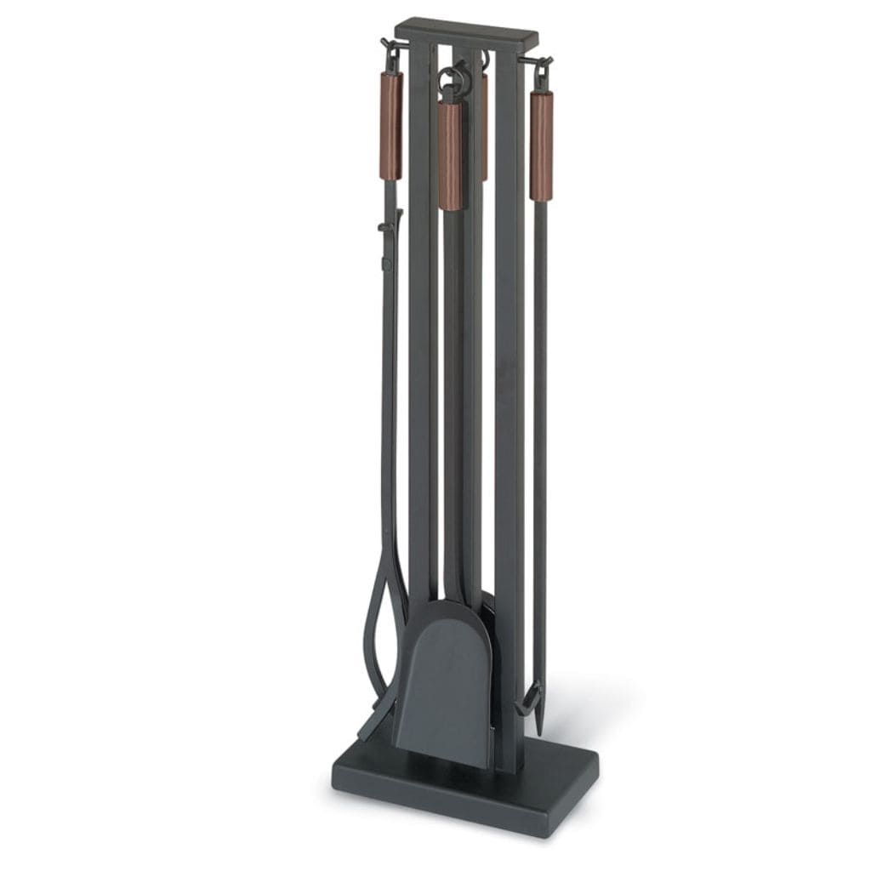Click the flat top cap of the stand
tap(467, 31)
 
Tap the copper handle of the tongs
tap(391, 125)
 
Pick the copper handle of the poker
tap(541, 145)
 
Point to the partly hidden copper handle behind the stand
tap(484, 128)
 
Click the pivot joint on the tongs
tap(387, 228)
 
